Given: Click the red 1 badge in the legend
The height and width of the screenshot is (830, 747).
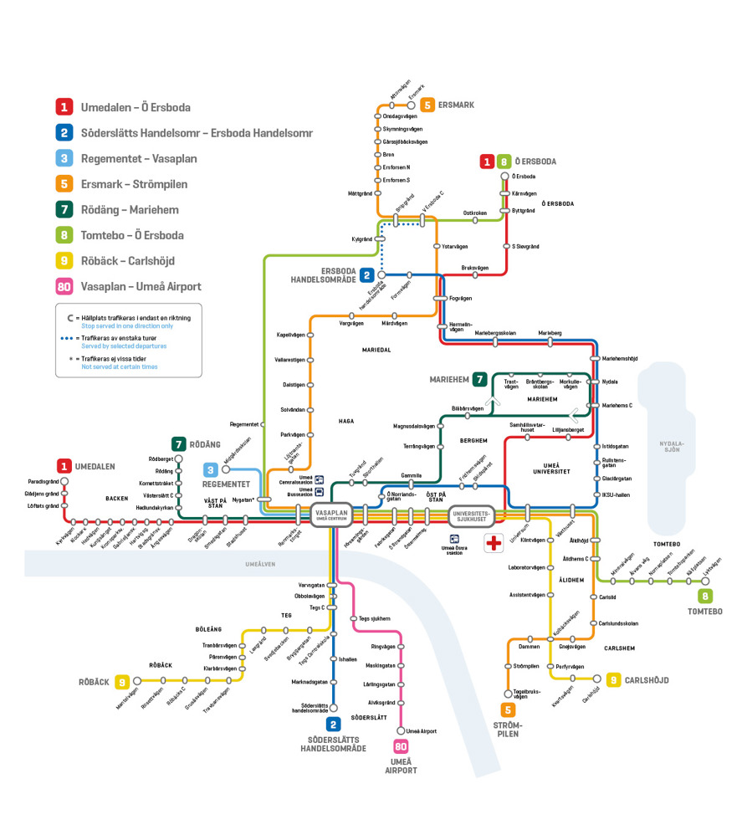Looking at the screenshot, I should click(64, 107).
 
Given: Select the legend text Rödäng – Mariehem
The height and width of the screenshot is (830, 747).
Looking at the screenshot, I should click(130, 210).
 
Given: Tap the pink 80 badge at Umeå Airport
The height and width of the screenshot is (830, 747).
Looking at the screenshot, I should click(401, 746).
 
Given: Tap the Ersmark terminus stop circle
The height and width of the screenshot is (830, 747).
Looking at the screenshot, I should click(412, 105).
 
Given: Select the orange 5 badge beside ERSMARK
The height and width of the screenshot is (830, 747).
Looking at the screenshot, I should click(427, 105).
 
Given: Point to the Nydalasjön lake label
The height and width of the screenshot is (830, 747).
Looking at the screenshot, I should click(672, 446).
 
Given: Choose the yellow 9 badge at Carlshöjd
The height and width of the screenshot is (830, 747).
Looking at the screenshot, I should click(613, 680).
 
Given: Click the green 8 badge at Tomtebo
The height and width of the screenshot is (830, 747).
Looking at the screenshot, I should click(706, 596).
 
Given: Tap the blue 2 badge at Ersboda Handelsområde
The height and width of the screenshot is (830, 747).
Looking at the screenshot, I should click(367, 274).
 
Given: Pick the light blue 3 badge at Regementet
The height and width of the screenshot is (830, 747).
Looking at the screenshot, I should click(212, 470).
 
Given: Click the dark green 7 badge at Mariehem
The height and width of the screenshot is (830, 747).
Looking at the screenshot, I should click(479, 379).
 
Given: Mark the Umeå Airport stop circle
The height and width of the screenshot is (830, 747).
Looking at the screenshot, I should click(401, 730).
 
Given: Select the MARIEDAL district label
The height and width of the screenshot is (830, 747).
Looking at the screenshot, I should click(376, 350).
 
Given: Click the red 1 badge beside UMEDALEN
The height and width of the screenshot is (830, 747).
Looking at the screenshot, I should click(64, 466).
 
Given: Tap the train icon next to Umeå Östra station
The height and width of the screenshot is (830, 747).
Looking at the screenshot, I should click(454, 540).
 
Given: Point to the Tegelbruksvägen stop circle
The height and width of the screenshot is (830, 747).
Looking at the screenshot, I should click(508, 694).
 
